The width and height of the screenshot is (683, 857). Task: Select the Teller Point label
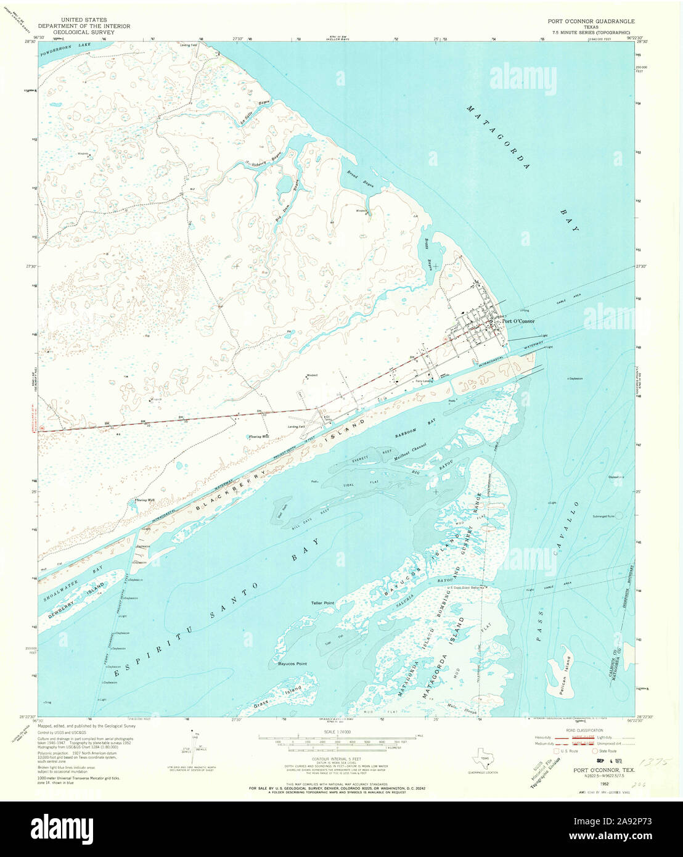(322, 603)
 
